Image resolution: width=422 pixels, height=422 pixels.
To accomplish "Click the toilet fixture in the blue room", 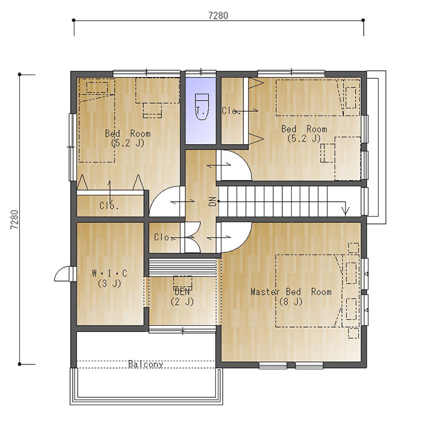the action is coord(202,107).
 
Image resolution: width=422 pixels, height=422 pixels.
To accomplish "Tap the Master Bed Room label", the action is coord(291,292).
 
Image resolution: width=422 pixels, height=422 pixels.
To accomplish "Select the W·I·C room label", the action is coord(109,274).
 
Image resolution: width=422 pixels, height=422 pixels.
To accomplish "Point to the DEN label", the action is coord(182,292).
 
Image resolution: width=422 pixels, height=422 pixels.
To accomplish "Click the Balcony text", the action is coord(146,364).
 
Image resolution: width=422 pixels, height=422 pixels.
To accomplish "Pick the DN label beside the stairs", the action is coord(212,201).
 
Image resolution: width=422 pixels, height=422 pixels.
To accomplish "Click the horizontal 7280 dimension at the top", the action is coord(218,16).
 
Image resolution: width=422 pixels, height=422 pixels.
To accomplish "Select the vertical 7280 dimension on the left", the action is coord(14,219).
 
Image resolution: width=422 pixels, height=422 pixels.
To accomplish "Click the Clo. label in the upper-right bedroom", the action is coord(230,110).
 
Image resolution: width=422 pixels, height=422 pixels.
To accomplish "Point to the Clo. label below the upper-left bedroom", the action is coord(109,206).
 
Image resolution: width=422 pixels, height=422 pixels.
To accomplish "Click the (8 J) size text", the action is coord(291,302).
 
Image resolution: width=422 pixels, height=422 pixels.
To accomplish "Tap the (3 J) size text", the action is coord(109,284).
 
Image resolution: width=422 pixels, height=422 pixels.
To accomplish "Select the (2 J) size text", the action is coord(182,302).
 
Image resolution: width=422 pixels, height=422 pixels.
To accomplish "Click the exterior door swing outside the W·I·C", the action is coord(61,274).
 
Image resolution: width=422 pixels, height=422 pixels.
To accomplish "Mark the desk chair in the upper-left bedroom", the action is coord(152,110).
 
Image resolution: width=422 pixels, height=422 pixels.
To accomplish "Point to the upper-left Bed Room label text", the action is coord(128,133).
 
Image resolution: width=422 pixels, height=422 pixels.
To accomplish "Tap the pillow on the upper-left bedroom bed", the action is coord(97,87).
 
